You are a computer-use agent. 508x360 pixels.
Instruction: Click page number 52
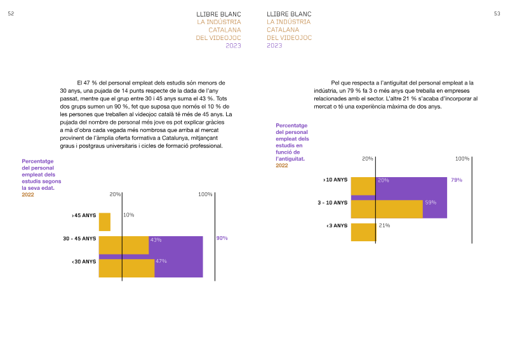click(x=11, y=13)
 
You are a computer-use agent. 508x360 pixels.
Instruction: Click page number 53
click(x=497, y=13)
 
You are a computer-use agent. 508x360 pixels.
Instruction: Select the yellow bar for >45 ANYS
click(x=105, y=222)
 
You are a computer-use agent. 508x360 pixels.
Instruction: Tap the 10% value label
click(x=129, y=215)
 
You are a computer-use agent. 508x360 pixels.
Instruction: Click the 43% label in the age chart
click(x=156, y=240)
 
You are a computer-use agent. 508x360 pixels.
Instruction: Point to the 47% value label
click(x=161, y=261)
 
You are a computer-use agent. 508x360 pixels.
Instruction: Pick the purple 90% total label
click(x=222, y=238)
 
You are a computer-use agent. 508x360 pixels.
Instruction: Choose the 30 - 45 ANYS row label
click(x=79, y=239)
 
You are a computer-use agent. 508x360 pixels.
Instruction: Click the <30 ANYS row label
click(x=84, y=262)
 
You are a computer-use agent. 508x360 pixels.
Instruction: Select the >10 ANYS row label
click(x=335, y=180)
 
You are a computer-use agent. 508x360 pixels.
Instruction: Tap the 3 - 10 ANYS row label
click(x=332, y=203)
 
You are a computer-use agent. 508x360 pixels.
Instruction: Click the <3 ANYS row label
click(x=337, y=225)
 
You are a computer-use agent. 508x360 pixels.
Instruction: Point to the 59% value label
click(x=431, y=203)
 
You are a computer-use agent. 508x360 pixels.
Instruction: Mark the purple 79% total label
click(x=457, y=180)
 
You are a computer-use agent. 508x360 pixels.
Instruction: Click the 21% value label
click(x=384, y=225)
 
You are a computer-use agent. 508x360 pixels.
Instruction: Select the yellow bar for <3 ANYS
click(x=363, y=232)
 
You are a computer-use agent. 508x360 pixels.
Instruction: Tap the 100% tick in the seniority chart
click(x=462, y=159)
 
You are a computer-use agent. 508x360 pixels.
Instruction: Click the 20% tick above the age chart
click(x=115, y=194)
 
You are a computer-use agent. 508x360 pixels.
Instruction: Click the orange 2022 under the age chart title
click(x=28, y=195)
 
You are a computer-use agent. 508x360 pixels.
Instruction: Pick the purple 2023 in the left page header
click(x=233, y=46)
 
